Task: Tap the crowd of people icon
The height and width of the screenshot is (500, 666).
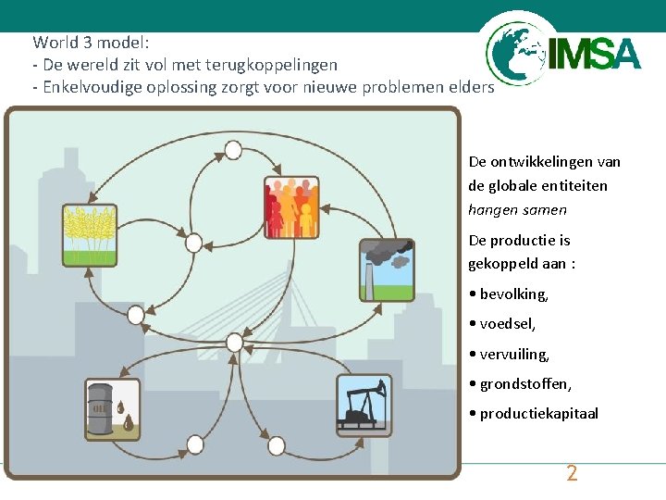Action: tap(291, 207)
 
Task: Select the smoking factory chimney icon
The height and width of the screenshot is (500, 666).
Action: tap(387, 270)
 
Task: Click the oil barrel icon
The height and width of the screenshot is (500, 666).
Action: tap(112, 408)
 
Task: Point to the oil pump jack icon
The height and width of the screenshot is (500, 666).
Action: tap(364, 406)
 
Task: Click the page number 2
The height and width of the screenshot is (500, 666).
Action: tap(572, 474)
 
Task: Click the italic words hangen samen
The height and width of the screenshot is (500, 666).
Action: tap(517, 210)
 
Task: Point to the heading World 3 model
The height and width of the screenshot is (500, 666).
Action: tap(91, 43)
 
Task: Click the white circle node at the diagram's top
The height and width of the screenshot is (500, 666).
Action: tap(233, 150)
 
